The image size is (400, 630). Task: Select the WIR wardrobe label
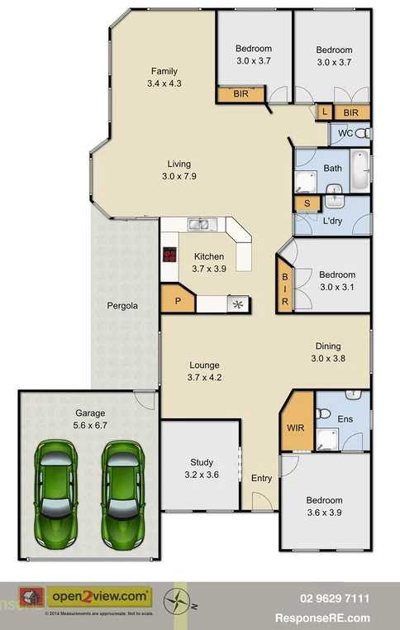pyautogui.click(x=296, y=427)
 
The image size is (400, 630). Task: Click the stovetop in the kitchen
pyautogui.click(x=171, y=255)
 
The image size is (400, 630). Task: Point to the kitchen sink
pyautogui.click(x=198, y=224)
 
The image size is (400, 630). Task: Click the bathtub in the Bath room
pyautogui.click(x=361, y=172)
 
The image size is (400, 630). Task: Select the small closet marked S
pyautogui.click(x=307, y=203)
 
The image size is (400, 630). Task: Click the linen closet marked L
pyautogui.click(x=325, y=112)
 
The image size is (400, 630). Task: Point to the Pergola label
pyautogui.click(x=121, y=306)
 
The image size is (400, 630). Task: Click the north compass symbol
pyautogui.click(x=175, y=601)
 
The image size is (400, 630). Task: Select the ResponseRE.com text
pyautogui.click(x=334, y=618)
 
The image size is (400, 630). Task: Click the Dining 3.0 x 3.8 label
pyautogui.click(x=326, y=352)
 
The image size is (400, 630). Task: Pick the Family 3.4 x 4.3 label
pyautogui.click(x=164, y=77)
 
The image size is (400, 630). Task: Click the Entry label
pyautogui.click(x=261, y=479)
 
